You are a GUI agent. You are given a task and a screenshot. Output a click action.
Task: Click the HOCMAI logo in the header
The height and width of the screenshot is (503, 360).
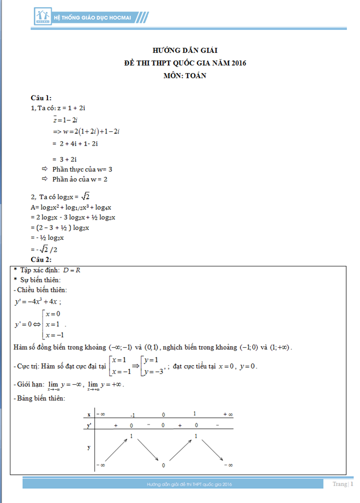tap(43, 17)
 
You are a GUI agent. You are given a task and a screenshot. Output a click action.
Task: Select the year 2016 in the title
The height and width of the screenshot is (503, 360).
tap(238, 63)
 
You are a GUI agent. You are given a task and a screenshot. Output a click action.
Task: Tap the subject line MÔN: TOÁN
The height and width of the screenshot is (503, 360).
tap(185, 76)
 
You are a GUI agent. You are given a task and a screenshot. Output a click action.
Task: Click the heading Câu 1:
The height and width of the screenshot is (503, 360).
tap(41, 98)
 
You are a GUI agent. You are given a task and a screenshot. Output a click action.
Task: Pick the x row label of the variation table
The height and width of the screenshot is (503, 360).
tap(89, 415)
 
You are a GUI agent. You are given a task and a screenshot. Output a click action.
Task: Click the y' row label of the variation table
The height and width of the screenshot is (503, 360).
tap(89, 425)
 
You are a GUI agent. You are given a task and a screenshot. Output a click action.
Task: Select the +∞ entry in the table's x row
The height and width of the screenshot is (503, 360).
tap(227, 415)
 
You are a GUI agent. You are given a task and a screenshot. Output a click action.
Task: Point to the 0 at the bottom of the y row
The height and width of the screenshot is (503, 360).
tap(163, 466)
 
